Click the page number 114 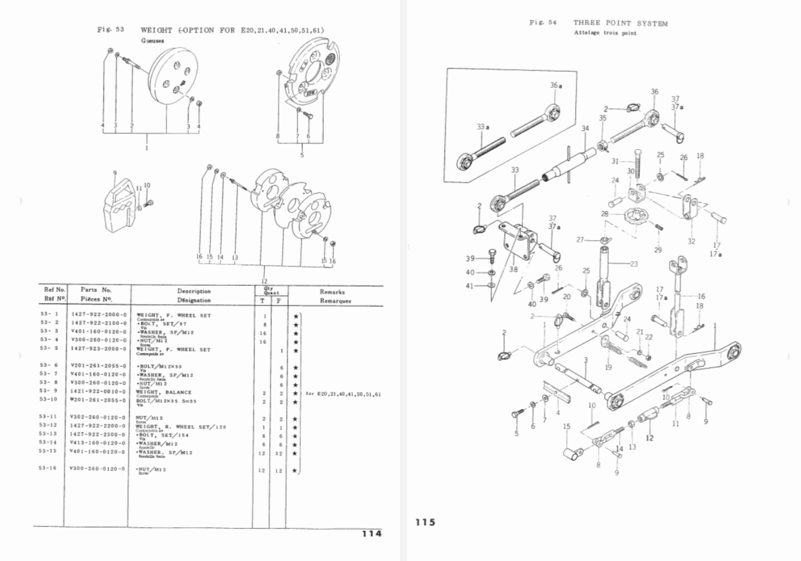pyautogui.click(x=371, y=533)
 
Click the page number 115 pyautogui.click(x=426, y=522)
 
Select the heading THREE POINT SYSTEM pyautogui.click(x=621, y=23)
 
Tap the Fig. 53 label pyautogui.click(x=111, y=29)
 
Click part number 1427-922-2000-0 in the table pyautogui.click(x=98, y=315)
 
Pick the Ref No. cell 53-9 pyautogui.click(x=49, y=391)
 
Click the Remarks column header pyautogui.click(x=332, y=292)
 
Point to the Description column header pyautogui.click(x=194, y=291)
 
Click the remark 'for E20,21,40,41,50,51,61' pyautogui.click(x=343, y=394)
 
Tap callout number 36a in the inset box pyautogui.click(x=557, y=86)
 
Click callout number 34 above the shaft pyautogui.click(x=585, y=129)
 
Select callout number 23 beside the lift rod pyautogui.click(x=634, y=264)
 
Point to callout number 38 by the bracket pyautogui.click(x=513, y=269)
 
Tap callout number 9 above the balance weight pyautogui.click(x=115, y=173)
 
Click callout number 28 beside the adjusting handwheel pyautogui.click(x=605, y=214)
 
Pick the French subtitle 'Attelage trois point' pyautogui.click(x=605, y=33)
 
